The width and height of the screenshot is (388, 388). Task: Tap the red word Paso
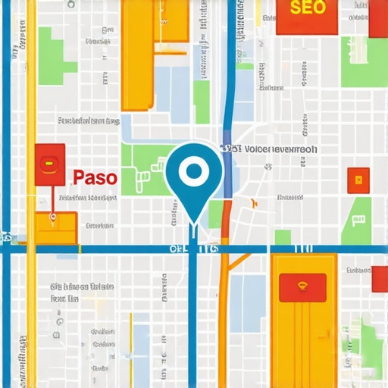[95, 178]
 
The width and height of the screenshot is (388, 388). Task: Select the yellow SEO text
[307, 8]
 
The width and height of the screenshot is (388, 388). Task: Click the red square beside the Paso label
[49, 164]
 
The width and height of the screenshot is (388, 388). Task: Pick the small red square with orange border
[358, 180]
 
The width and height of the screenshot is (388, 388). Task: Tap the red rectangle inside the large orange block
[302, 287]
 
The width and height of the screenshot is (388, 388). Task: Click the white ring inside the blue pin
[193, 171]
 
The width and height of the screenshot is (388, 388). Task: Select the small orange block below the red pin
[56, 227]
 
